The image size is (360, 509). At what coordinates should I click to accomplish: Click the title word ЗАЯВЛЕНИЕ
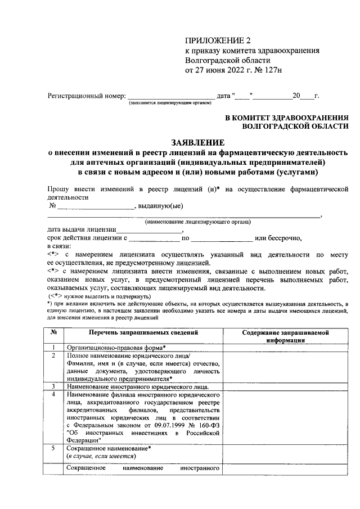[x=197, y=142]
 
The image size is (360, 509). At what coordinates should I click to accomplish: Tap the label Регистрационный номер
[x=85, y=96]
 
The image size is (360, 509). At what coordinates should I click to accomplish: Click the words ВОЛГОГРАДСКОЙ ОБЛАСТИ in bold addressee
[x=294, y=127]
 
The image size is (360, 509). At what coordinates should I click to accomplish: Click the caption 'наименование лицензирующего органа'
[x=197, y=222]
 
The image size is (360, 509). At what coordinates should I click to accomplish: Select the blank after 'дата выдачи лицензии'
[x=149, y=231]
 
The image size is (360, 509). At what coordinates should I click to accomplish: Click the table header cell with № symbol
[x=54, y=333]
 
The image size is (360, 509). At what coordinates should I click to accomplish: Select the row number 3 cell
[x=54, y=386]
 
